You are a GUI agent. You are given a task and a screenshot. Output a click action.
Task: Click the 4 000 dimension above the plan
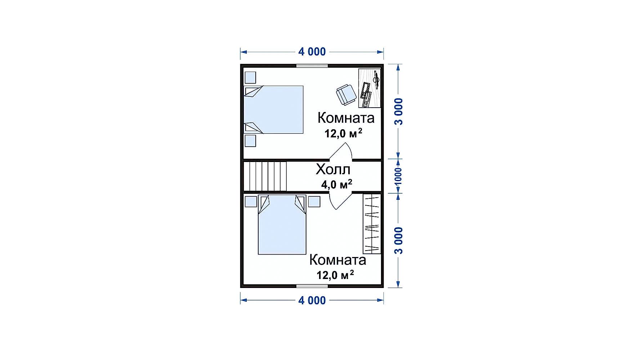click(312, 52)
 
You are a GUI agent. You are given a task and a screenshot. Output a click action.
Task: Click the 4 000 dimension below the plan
click(312, 300)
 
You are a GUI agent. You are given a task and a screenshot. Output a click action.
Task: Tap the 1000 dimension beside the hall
click(398, 176)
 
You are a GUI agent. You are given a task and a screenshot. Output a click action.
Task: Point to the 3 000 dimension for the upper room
click(399, 111)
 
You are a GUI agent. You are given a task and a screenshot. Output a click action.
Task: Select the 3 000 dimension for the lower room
click(399, 240)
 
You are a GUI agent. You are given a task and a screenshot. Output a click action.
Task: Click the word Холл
click(333, 169)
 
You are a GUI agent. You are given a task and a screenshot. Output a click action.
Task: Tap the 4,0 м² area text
click(337, 184)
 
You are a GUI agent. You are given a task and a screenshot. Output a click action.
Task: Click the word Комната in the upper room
click(346, 118)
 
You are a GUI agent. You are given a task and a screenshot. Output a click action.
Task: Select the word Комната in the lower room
click(338, 260)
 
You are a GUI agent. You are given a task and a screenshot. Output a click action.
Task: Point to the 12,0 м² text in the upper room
click(343, 133)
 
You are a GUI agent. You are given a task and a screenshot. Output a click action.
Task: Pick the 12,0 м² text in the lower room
click(335, 275)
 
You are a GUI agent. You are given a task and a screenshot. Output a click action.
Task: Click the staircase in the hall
click(265, 176)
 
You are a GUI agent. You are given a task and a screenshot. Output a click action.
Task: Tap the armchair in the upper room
click(346, 94)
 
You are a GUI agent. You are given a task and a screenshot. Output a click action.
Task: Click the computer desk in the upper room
click(370, 88)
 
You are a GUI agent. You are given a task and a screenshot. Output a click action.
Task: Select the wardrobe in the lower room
click(372, 224)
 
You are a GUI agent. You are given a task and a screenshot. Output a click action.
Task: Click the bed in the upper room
click(273, 109)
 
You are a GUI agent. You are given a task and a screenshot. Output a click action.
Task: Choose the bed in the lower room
click(282, 225)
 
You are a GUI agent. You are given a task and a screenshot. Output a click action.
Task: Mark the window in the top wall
click(312, 66)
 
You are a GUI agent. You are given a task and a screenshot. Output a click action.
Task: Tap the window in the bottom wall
click(312, 286)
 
